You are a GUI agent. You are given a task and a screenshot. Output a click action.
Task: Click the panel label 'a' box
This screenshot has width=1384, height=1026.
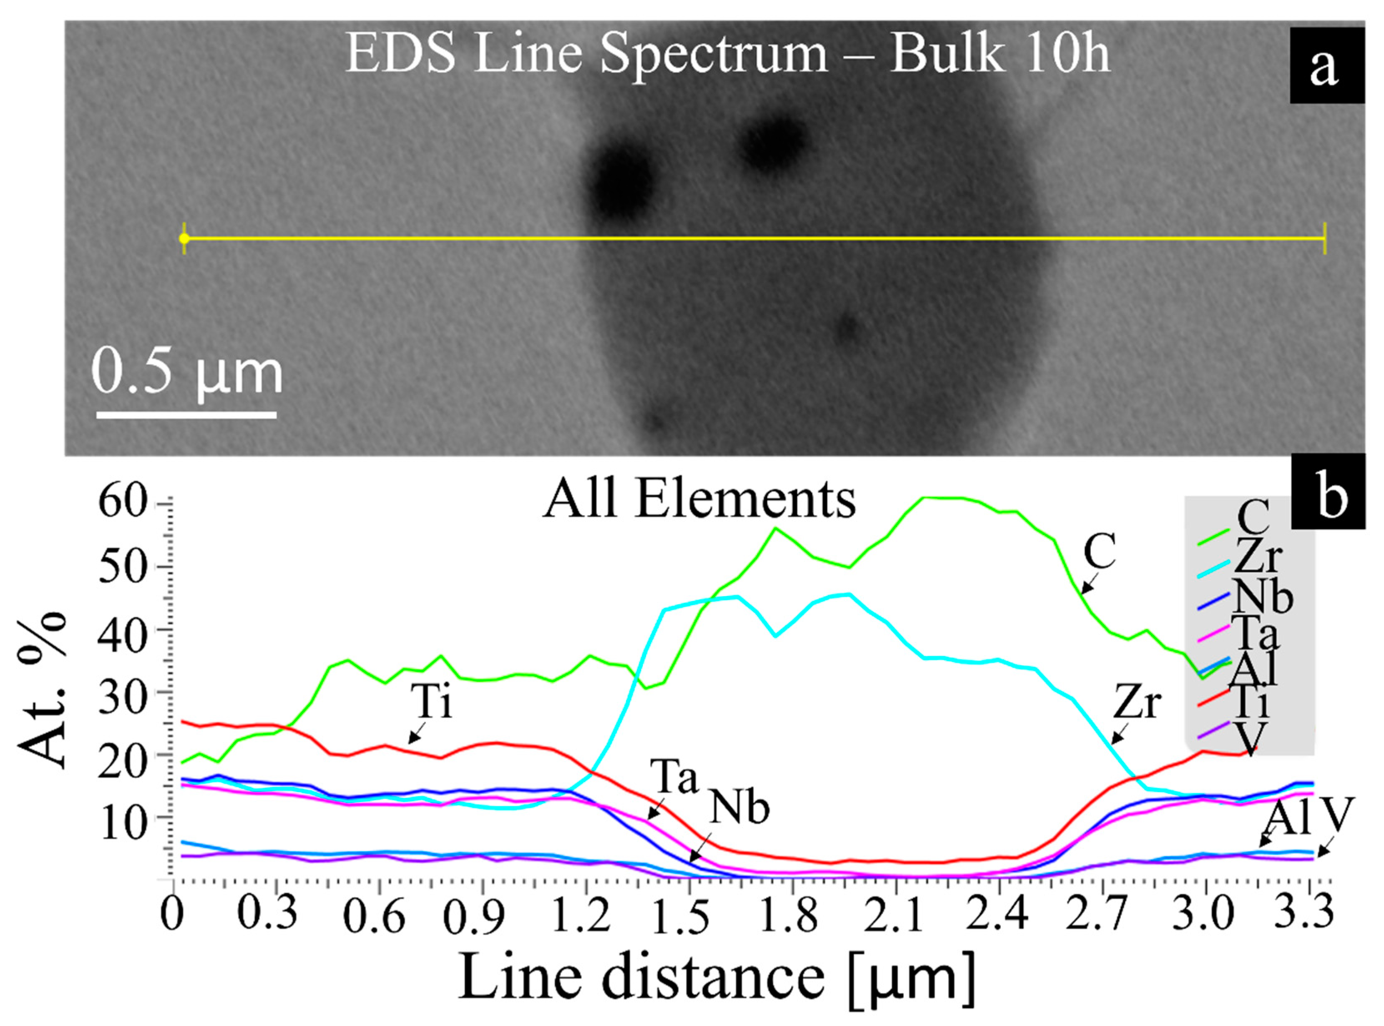click(1326, 65)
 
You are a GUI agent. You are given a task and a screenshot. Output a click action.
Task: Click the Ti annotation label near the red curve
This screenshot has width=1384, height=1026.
click(432, 702)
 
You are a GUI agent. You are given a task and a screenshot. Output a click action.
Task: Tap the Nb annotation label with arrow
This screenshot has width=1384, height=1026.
click(739, 808)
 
